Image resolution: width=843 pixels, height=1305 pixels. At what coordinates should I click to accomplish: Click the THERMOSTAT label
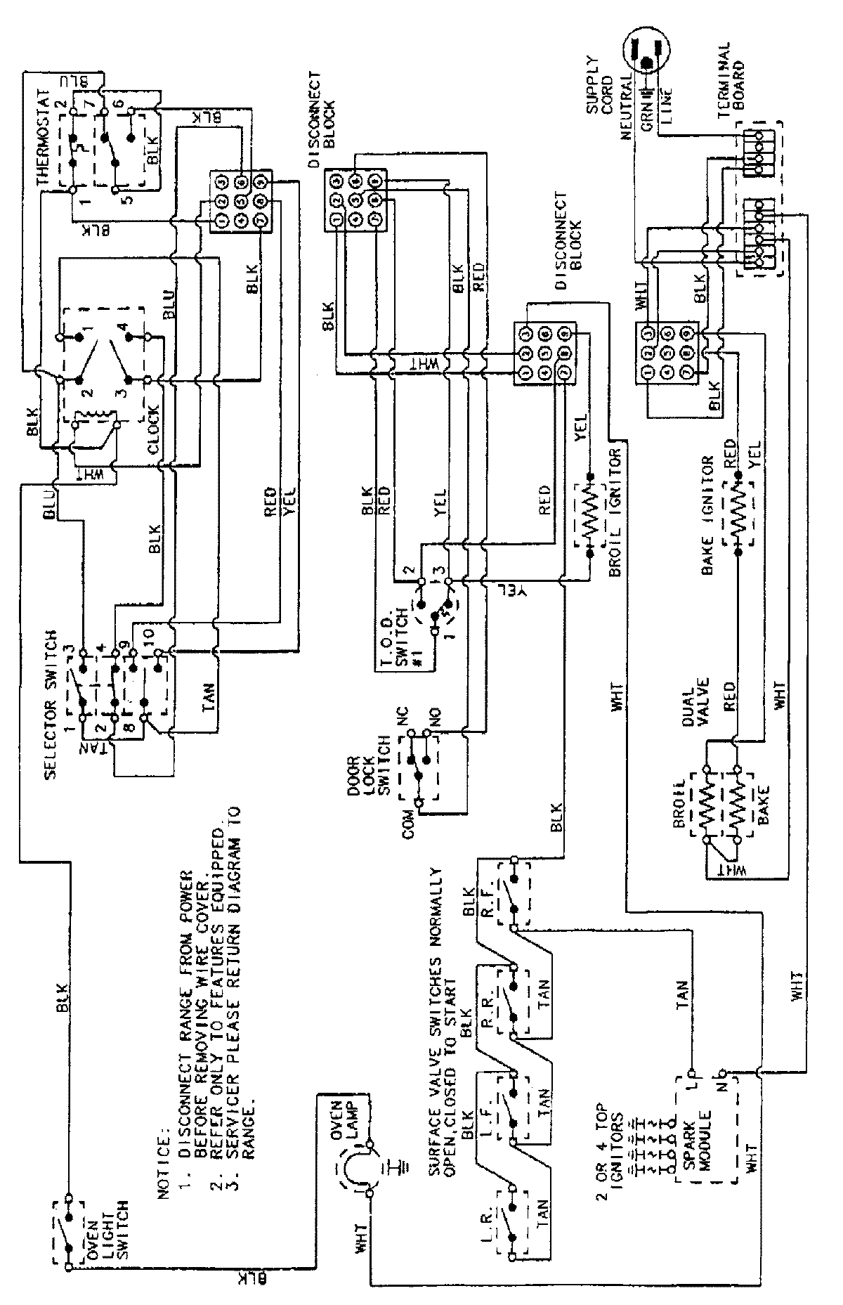(44, 137)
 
